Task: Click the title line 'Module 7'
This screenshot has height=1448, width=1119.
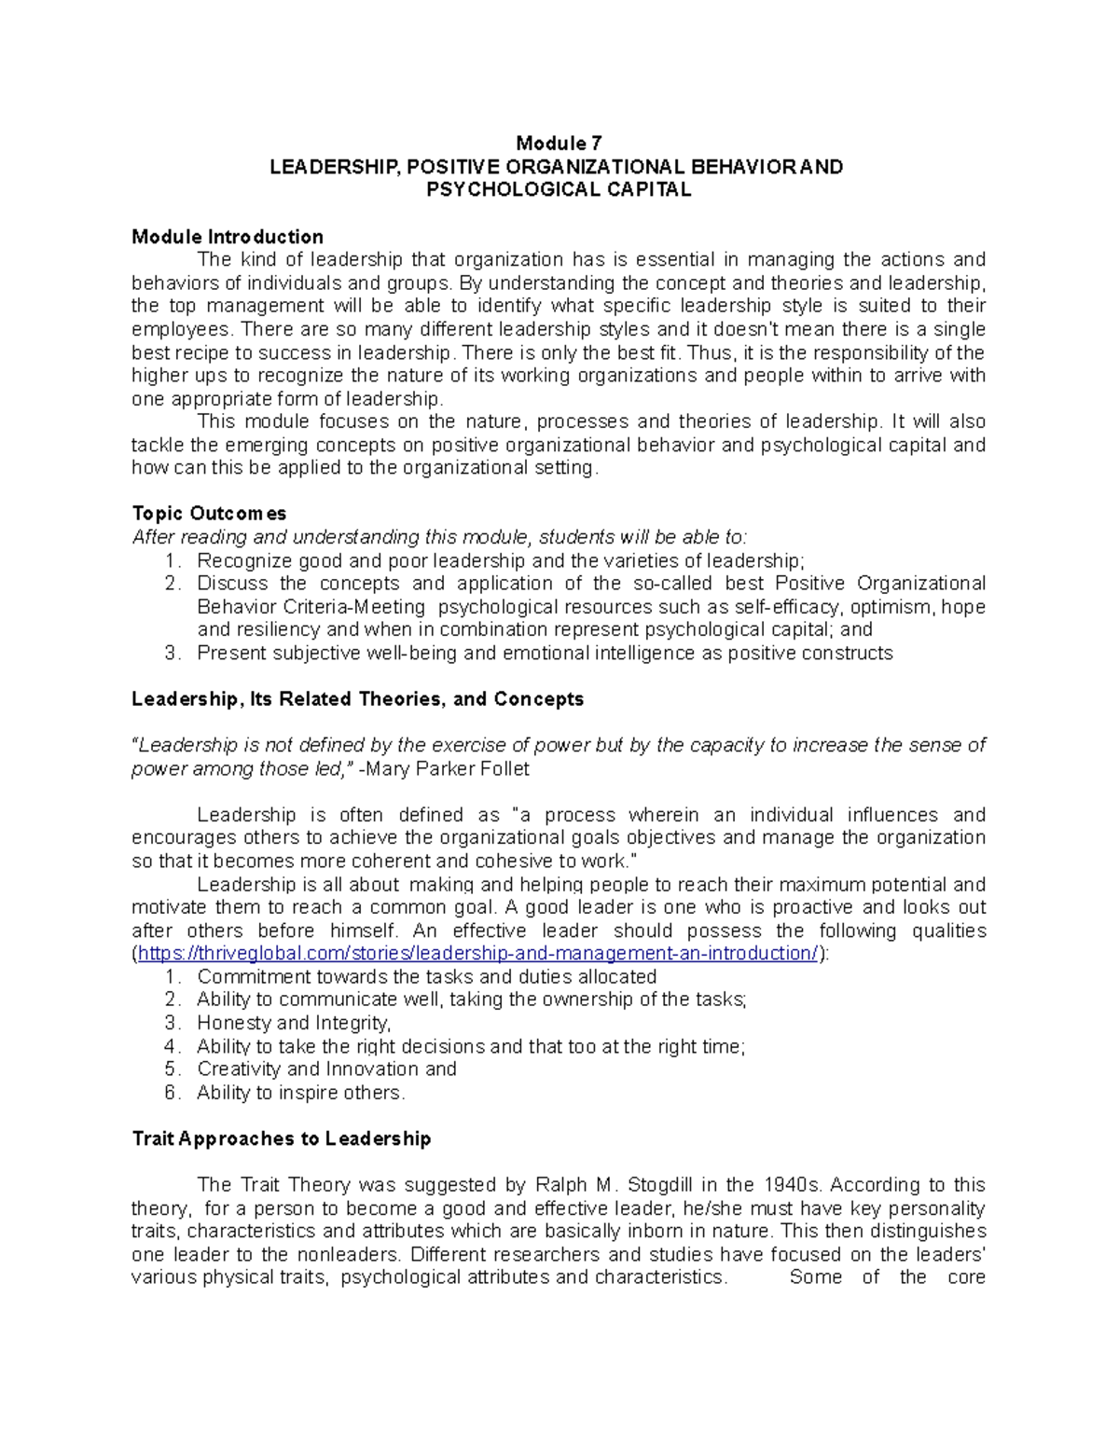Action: pyautogui.click(x=559, y=144)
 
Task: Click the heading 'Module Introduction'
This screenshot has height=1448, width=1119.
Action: pyautogui.click(x=228, y=237)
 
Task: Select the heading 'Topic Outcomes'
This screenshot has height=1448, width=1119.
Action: pyautogui.click(x=209, y=514)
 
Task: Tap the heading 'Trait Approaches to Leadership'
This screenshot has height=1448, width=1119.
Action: pyautogui.click(x=282, y=1138)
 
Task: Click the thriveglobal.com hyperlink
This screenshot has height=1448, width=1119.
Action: pyautogui.click(x=477, y=954)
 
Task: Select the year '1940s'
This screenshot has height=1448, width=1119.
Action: pyautogui.click(x=793, y=1185)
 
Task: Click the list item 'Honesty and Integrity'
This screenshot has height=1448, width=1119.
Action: pyautogui.click(x=293, y=1023)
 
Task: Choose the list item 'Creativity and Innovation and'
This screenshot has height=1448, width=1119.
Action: pyautogui.click(x=326, y=1069)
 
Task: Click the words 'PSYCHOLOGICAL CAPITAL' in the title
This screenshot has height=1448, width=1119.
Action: pyautogui.click(x=559, y=190)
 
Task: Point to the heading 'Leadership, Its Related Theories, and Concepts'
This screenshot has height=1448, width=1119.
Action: pyautogui.click(x=357, y=699)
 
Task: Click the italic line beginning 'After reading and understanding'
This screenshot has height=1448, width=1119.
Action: pyautogui.click(x=439, y=537)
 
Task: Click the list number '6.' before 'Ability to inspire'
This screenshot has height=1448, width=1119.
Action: pyautogui.click(x=172, y=1093)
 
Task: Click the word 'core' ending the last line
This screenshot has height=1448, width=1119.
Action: pyautogui.click(x=966, y=1277)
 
